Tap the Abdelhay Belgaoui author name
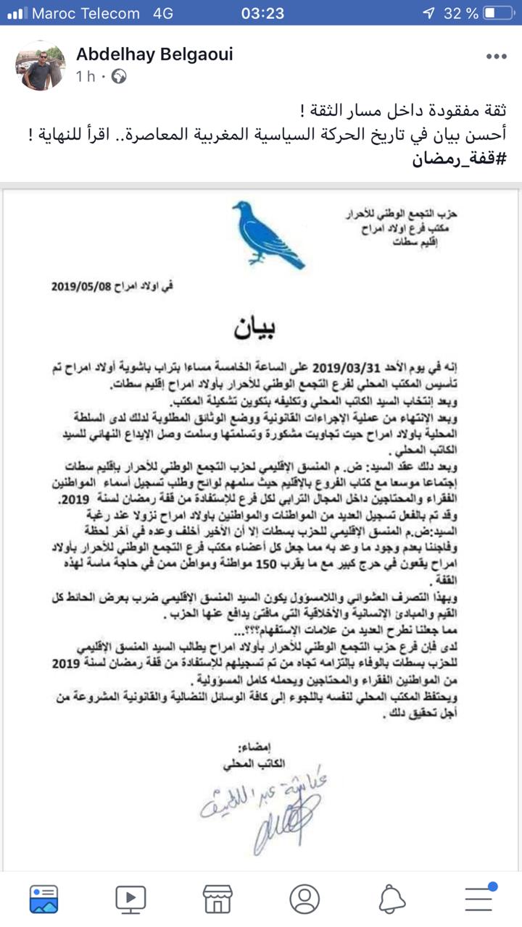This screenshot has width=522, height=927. (x=154, y=54)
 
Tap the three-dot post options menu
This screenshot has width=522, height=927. (x=497, y=56)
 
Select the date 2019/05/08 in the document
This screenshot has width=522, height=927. (x=82, y=286)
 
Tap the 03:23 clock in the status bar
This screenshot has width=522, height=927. (x=262, y=13)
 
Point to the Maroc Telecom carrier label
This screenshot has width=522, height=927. (x=85, y=13)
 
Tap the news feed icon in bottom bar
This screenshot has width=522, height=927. (x=43, y=898)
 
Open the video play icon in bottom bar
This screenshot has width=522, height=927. (x=130, y=898)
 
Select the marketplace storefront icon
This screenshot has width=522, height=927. (x=217, y=898)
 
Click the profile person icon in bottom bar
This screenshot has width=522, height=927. (x=304, y=898)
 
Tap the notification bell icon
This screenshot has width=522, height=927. (x=392, y=898)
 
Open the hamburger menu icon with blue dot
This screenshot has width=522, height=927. (x=479, y=898)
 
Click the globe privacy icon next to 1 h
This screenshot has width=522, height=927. (x=120, y=75)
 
